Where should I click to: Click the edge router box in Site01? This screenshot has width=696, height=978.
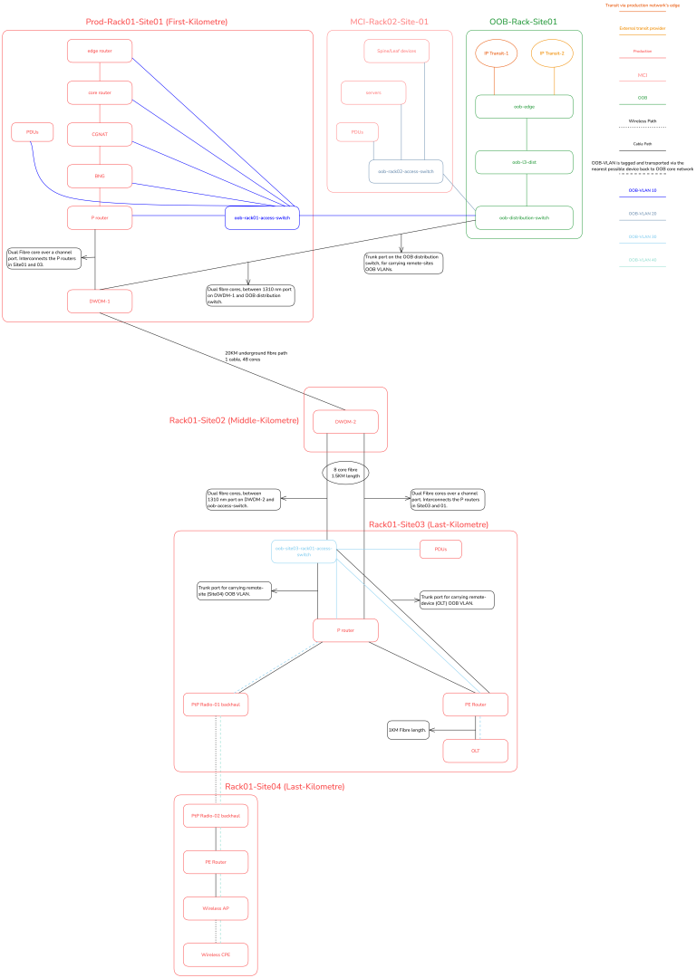pos(100,51)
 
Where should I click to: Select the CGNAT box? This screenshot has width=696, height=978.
pos(100,134)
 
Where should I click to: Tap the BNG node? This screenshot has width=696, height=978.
pos(100,176)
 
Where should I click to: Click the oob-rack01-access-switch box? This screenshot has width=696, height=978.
pos(262,217)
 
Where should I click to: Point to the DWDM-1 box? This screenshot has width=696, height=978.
pos(100,301)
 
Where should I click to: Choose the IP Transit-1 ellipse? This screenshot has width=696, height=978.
pos(497,53)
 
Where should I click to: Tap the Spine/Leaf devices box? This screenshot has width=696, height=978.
pos(396,51)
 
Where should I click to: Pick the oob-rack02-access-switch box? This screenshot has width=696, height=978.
pos(405,171)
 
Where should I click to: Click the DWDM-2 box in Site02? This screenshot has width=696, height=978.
pos(345,422)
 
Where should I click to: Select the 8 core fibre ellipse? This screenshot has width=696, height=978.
pos(345,473)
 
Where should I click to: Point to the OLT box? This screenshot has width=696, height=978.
pos(475,751)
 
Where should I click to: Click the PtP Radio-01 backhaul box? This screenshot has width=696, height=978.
pos(216,704)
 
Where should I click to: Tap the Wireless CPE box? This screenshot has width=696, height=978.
pos(216,954)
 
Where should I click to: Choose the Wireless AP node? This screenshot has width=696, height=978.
pos(216,907)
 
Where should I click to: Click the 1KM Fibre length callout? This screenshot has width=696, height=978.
pos(408,730)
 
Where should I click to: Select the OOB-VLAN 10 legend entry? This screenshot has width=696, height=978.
pos(642,191)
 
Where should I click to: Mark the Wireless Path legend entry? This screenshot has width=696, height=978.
pos(642,120)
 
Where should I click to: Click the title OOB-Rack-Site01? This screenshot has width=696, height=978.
pos(523,21)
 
